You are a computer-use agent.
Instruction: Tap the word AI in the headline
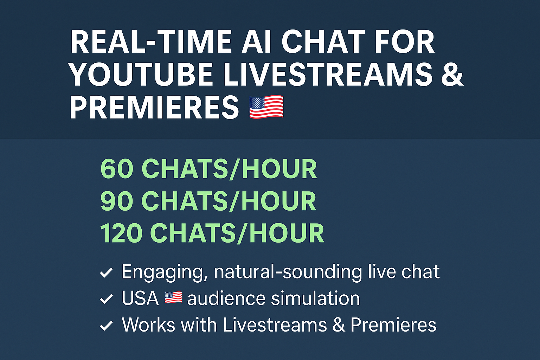256,41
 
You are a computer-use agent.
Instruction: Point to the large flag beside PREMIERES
266,107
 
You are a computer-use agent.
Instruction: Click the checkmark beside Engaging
106,273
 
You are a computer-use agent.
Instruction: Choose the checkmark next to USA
106,299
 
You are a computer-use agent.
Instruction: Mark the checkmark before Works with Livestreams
106,326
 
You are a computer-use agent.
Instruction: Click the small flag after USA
173,297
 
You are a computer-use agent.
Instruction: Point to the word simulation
315,298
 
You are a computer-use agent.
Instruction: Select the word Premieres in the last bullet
393,324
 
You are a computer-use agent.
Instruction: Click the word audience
226,298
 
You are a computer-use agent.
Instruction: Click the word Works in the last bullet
148,324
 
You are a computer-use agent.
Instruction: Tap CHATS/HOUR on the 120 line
237,233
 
